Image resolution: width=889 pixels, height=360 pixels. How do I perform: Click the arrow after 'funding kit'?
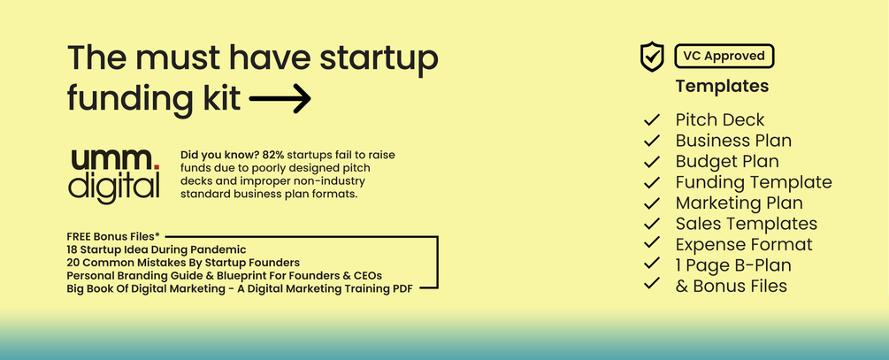pyautogui.click(x=280, y=97)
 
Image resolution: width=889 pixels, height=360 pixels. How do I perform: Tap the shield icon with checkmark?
pyautogui.click(x=652, y=57)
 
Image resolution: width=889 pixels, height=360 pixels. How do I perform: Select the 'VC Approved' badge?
pyautogui.click(x=723, y=56)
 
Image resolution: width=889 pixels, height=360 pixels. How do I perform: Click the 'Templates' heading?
pyautogui.click(x=722, y=87)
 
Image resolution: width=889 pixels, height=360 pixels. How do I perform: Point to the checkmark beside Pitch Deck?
pyautogui.click(x=653, y=119)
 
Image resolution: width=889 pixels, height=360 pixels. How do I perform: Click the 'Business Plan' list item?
pyautogui.click(x=733, y=141)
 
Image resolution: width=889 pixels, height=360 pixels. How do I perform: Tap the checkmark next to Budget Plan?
pyautogui.click(x=653, y=162)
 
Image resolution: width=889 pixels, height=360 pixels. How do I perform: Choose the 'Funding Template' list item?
pyautogui.click(x=753, y=182)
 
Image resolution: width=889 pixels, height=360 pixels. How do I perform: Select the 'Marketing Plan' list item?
pyautogui.click(x=739, y=203)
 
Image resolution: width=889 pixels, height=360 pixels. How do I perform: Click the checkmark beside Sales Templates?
pyautogui.click(x=653, y=224)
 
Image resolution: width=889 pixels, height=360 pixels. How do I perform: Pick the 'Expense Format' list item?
pyautogui.click(x=743, y=244)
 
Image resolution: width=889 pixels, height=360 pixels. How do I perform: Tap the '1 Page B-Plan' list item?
pyautogui.click(x=733, y=265)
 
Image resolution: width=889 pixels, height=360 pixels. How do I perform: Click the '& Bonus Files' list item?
pyautogui.click(x=731, y=286)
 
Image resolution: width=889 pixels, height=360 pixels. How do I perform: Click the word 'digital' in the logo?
pyautogui.click(x=115, y=187)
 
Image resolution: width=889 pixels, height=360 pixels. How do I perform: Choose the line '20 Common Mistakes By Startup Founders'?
pyautogui.click(x=182, y=263)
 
